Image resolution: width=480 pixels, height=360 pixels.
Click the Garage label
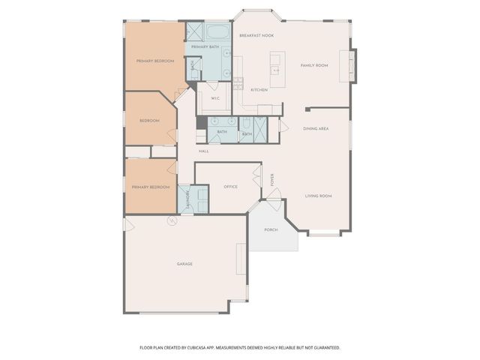pos(185,264)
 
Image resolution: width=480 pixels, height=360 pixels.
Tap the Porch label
pos(271,229)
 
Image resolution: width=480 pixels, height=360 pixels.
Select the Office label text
pos(230,187)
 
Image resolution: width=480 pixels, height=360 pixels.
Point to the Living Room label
pos(319,196)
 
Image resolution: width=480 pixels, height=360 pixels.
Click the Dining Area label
pos(316,129)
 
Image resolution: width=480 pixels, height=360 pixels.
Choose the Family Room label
pos(314,65)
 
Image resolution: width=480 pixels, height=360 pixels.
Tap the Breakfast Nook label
pos(256,36)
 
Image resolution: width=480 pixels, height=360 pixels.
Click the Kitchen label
pos(259,90)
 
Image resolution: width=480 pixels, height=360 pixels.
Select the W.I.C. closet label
pos(214,98)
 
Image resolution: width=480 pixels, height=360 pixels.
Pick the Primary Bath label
pos(205,47)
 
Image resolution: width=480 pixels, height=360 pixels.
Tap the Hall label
pos(203,151)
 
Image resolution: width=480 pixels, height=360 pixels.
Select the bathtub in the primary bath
pos(218,32)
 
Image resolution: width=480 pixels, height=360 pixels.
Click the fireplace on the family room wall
pos(346,65)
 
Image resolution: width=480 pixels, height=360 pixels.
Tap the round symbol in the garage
pos(171,220)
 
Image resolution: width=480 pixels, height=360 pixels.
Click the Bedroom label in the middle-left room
pos(149,121)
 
